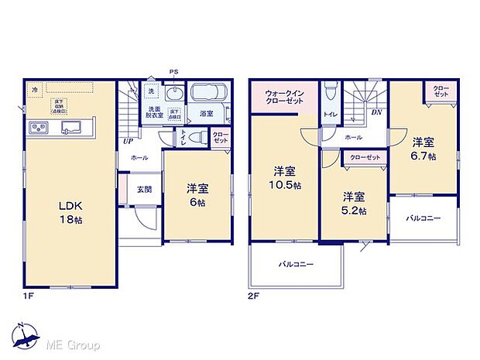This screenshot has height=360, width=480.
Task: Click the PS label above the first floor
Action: (x=174, y=73)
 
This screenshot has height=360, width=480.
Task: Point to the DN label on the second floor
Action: (x=376, y=113)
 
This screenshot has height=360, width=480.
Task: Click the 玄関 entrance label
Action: (x=145, y=189)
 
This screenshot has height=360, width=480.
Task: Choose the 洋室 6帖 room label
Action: (x=197, y=194)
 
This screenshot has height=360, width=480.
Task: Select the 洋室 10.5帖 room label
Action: (x=283, y=177)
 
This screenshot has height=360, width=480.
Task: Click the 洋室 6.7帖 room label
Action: (x=423, y=149)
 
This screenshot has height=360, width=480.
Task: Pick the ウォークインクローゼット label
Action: (x=283, y=98)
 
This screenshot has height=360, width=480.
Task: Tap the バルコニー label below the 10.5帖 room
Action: (x=297, y=265)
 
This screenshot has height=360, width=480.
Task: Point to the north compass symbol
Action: (x=27, y=335)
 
